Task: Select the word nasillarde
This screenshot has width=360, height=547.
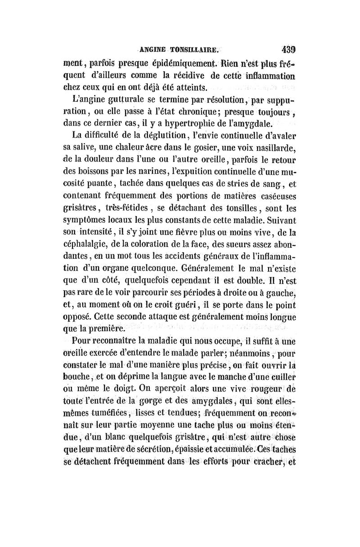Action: point(279,147)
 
